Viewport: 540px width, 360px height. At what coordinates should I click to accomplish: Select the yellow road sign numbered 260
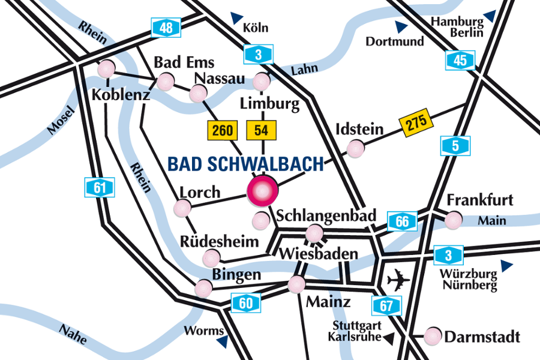(223, 130)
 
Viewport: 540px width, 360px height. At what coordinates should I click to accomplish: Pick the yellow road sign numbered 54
(261, 130)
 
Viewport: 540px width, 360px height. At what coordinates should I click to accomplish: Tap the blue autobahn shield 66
(402, 221)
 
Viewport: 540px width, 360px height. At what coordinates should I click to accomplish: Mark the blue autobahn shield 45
(460, 60)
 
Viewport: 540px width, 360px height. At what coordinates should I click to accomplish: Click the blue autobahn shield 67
(386, 306)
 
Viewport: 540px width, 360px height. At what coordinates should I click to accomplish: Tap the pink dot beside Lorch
(182, 208)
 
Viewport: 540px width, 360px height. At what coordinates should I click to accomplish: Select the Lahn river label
(304, 70)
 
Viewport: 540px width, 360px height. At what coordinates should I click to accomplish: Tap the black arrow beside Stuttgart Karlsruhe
(389, 339)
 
